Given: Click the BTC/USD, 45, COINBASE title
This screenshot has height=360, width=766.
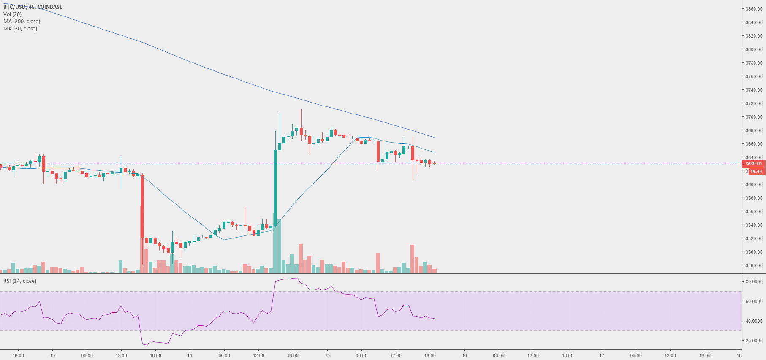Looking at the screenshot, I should coord(33,7).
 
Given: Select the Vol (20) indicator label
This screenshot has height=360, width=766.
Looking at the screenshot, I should coord(12,14).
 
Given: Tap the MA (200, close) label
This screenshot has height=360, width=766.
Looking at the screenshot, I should coord(22,22).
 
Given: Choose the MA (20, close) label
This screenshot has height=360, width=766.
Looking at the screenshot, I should coord(20,29).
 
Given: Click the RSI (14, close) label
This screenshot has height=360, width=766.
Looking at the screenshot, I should coord(20,281).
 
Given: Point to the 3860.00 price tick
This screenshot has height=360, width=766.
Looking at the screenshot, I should coord(754,9).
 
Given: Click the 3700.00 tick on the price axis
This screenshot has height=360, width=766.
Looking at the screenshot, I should coord(754,117).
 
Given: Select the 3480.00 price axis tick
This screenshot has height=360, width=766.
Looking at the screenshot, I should coord(754,265).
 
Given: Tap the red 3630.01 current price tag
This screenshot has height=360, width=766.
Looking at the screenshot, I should coord(753,164).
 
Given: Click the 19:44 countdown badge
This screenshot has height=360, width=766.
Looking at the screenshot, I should coord(756,171).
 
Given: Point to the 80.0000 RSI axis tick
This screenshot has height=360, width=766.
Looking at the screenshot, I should coord(754,282).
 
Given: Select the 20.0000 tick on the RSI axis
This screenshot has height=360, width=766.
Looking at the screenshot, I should coord(754,341).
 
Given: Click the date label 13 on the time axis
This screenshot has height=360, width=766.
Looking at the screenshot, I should coord(52,355).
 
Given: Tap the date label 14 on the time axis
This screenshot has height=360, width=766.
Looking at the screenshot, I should coord(190,355).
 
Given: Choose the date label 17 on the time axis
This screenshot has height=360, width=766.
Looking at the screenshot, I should coord(602,355).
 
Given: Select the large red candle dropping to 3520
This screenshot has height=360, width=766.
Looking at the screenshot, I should coord(142,207).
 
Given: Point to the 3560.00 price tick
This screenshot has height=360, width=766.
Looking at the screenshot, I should coord(754,211).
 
